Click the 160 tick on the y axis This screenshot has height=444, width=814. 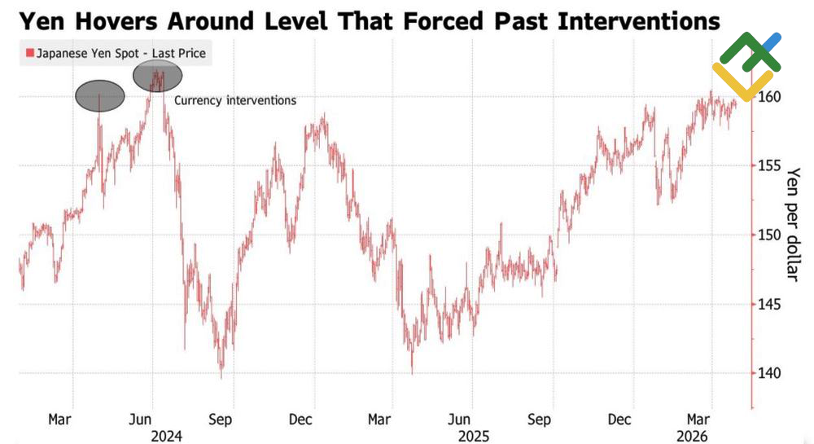point(770,97)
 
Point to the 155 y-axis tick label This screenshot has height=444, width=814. point(770,166)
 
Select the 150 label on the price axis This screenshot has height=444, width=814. point(770,235)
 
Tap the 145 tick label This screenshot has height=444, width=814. point(770,305)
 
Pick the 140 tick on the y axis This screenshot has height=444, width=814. point(770,374)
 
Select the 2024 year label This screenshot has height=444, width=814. point(165,436)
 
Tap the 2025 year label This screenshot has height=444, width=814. point(473,436)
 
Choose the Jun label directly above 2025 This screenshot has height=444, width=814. point(461,420)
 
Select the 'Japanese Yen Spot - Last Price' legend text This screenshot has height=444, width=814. point(121,55)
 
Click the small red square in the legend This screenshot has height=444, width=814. point(30,55)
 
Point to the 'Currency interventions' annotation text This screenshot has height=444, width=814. point(235,101)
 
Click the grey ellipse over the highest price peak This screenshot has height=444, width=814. point(157,76)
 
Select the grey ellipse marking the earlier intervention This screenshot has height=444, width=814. point(100,96)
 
